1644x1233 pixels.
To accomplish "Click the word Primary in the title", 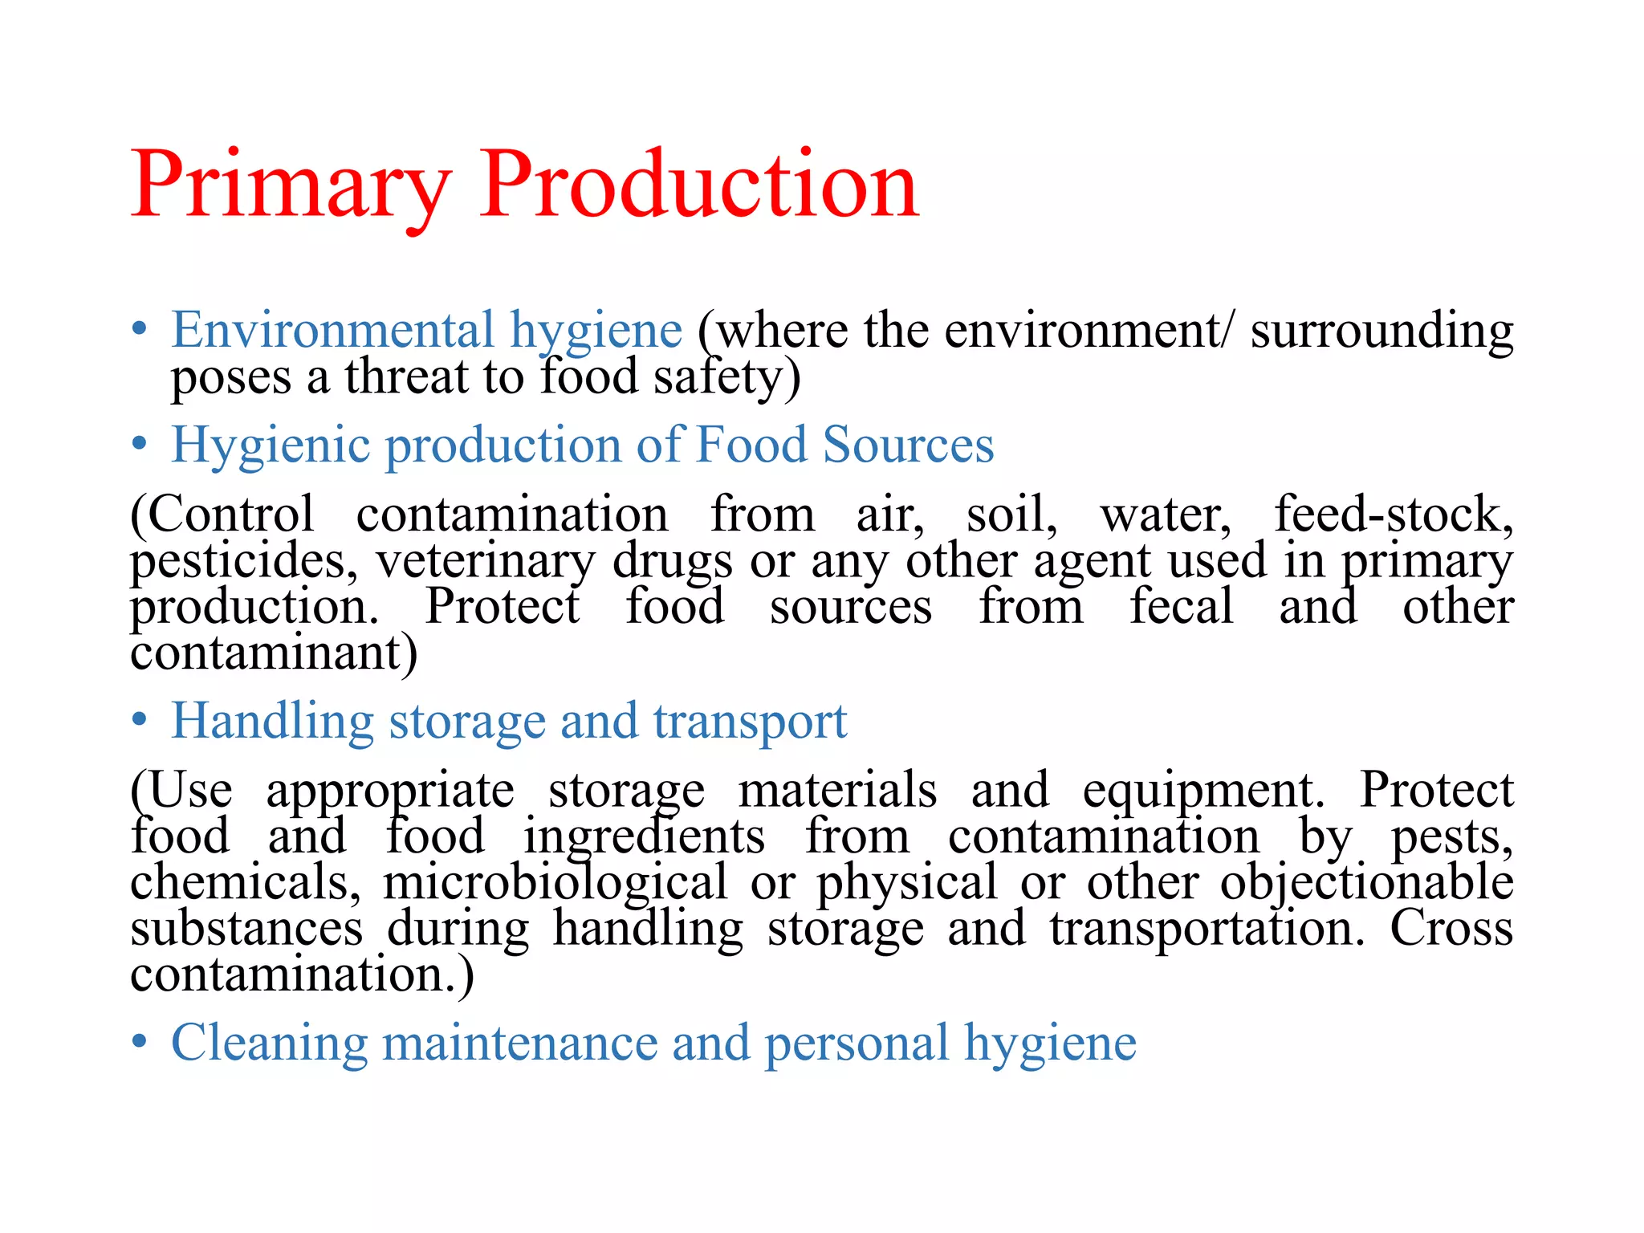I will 291,186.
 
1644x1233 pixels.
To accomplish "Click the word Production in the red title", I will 698,186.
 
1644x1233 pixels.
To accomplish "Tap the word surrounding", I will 1382,331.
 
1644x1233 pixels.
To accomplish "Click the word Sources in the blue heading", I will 909,445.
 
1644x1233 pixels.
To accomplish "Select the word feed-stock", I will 1394,514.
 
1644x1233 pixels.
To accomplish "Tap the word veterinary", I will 486,562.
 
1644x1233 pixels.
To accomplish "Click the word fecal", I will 1181,606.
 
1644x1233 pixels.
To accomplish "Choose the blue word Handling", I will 273,722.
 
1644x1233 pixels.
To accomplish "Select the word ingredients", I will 645,837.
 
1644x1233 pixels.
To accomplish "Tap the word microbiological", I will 555,883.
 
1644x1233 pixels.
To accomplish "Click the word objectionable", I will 1366,883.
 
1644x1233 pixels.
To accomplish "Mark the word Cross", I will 1451,928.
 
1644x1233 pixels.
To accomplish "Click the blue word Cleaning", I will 270,1044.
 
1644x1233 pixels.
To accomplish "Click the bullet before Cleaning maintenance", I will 140,1042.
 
